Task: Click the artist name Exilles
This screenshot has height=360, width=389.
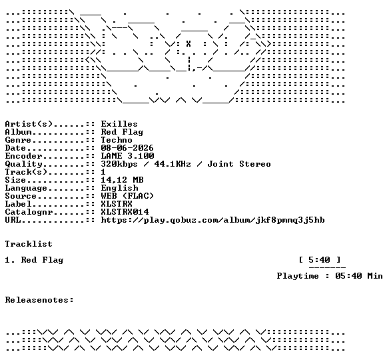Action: coord(119,124)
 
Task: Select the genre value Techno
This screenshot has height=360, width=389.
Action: coord(117,140)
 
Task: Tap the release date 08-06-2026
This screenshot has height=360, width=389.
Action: coord(127,148)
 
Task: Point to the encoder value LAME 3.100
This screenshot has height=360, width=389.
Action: coord(127,156)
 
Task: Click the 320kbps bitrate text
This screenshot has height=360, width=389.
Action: coord(119,164)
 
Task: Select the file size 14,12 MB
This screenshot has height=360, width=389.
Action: coord(122,180)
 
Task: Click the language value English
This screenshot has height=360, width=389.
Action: coord(119,188)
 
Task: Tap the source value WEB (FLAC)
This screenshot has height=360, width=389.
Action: coord(127,196)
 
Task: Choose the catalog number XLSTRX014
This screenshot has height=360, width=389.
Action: coord(125,212)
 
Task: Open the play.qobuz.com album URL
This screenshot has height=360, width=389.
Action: coord(212,220)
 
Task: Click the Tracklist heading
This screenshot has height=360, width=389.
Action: coord(29,244)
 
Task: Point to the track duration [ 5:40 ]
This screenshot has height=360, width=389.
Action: coord(320,260)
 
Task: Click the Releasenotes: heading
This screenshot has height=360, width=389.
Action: coord(39,300)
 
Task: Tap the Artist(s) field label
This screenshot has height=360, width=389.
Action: coord(29,124)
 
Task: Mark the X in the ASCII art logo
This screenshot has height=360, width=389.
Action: coord(189,44)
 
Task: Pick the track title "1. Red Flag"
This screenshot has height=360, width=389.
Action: coord(34,260)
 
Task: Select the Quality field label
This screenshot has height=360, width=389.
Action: coord(23,164)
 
